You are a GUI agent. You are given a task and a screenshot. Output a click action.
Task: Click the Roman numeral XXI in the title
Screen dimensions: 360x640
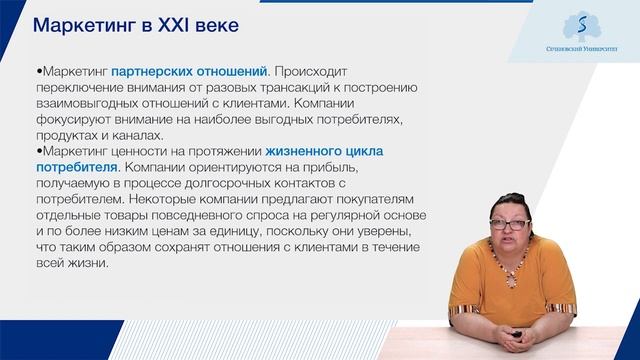coord(173,24)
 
